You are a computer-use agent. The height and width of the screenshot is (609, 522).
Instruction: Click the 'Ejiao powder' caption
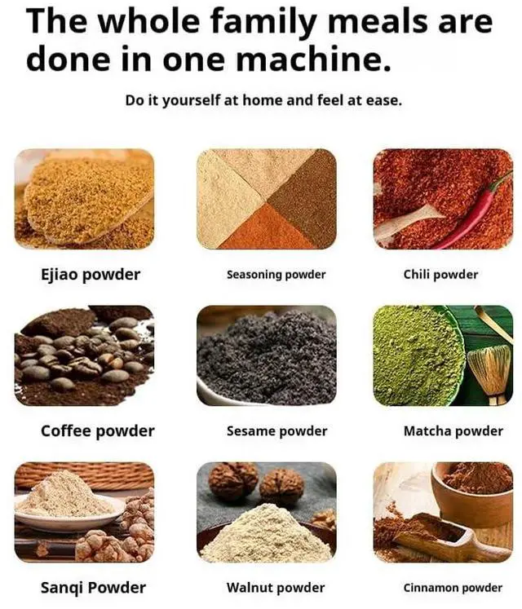point(91,275)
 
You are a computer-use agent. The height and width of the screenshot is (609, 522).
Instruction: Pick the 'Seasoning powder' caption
point(276,275)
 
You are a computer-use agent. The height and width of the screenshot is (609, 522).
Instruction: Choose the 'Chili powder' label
point(440,275)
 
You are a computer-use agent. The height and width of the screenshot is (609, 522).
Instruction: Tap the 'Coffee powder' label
point(98,430)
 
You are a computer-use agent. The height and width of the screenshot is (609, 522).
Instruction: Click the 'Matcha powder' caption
point(453,430)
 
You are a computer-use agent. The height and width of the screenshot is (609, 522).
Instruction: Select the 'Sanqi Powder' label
point(93,587)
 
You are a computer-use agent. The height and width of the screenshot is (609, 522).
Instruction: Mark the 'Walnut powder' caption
point(275,587)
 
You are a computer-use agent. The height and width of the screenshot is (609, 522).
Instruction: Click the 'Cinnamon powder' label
point(453,587)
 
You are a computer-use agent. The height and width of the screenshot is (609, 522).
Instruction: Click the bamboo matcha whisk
point(489,371)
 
